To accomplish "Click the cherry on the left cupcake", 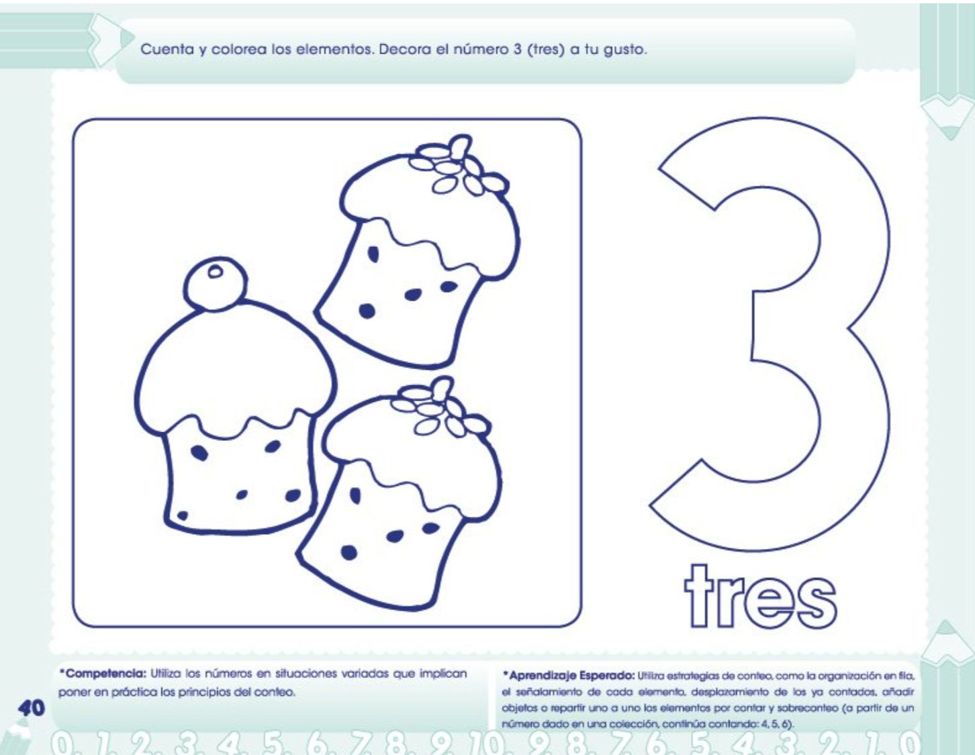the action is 215,284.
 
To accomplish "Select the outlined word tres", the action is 760,597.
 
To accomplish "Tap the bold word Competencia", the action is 103,673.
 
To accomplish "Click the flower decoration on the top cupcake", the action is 458,165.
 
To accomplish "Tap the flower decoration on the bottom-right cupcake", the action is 439,407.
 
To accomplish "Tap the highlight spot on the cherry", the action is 216,271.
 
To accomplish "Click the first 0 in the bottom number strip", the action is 64,744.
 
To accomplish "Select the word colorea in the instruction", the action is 238,49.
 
